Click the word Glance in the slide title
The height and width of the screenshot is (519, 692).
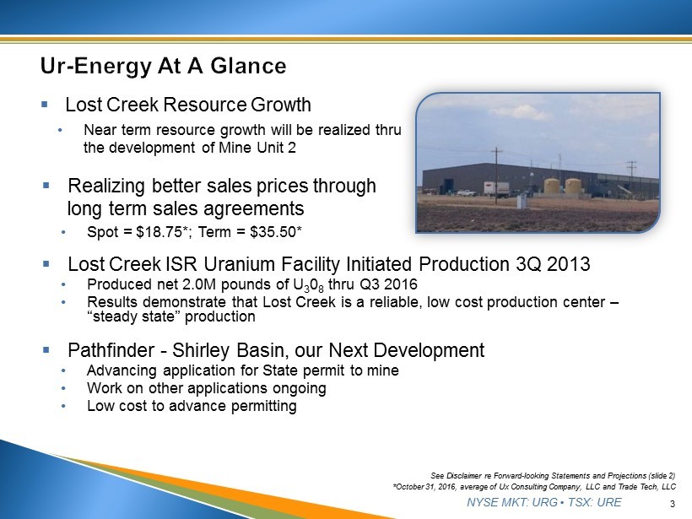(248, 66)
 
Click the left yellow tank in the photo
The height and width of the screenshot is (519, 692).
(552, 187)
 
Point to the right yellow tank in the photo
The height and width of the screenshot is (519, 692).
(573, 187)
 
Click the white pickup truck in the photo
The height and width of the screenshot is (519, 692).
(466, 192)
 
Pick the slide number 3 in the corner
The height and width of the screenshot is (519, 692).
(672, 504)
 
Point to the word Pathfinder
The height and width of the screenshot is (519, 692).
(111, 350)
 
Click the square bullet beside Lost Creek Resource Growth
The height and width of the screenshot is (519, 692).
(44, 105)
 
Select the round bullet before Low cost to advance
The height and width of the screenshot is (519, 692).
(64, 406)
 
